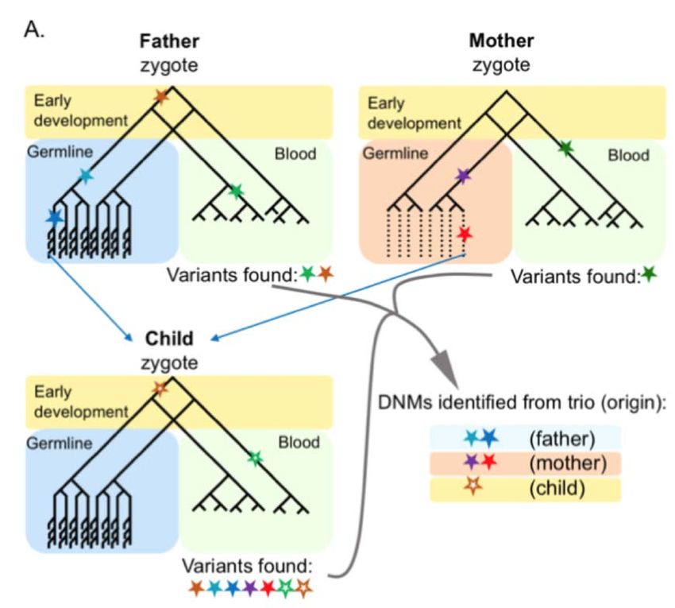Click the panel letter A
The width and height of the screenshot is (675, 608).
click(x=34, y=29)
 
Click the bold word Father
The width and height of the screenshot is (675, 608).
click(x=169, y=41)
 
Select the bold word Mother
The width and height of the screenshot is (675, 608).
click(x=501, y=41)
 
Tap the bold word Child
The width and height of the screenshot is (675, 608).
click(x=169, y=339)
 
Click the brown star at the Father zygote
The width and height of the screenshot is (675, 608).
click(x=161, y=97)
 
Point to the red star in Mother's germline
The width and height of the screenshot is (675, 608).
click(x=464, y=234)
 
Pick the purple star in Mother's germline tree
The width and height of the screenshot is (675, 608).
click(x=462, y=176)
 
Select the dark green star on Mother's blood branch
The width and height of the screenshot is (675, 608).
click(x=566, y=149)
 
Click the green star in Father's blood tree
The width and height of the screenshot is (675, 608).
click(x=236, y=191)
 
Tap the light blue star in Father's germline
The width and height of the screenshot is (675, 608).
click(x=86, y=176)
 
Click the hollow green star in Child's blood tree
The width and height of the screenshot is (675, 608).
click(x=255, y=458)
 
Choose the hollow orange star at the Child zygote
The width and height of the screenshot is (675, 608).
click(x=160, y=389)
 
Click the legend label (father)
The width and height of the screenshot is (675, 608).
click(x=562, y=439)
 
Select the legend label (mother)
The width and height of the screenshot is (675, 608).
click(x=568, y=463)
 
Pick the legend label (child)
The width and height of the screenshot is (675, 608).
click(x=557, y=488)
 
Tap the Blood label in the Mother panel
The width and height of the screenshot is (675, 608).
click(x=628, y=155)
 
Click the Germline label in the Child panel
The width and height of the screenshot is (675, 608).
click(x=60, y=443)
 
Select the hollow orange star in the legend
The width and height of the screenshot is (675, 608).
click(x=473, y=486)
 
